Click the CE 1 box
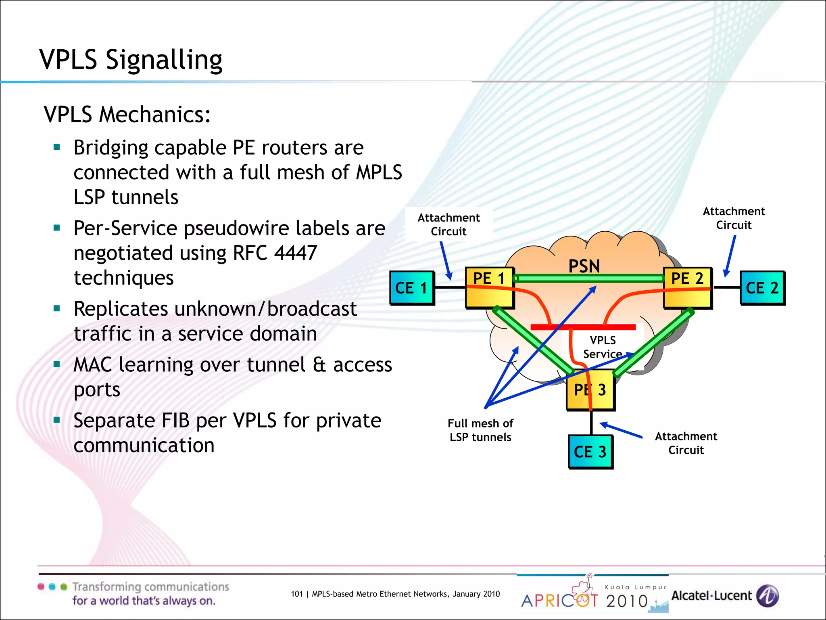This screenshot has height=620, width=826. [x=411, y=288]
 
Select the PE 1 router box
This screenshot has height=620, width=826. [x=489, y=288]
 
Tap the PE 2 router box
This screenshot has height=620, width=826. [x=687, y=288]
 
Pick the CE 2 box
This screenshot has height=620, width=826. [x=762, y=288]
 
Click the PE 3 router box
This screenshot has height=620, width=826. [x=590, y=390]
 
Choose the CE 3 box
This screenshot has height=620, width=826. [x=590, y=452]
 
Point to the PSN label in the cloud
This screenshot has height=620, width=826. [x=584, y=266]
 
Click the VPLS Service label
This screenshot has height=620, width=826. [x=603, y=347]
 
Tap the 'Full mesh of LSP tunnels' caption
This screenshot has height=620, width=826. [x=480, y=430]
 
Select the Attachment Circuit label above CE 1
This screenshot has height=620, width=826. [x=448, y=224]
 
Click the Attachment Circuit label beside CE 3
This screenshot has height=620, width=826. [x=686, y=443]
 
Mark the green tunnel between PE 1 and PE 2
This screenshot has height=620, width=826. [x=589, y=278]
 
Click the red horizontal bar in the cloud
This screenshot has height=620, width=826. [x=583, y=327]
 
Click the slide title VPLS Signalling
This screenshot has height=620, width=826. [x=131, y=60]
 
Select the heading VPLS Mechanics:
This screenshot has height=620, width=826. [x=127, y=114]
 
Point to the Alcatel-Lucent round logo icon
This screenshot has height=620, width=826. [x=767, y=596]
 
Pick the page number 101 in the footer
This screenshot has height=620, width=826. [x=296, y=594]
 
